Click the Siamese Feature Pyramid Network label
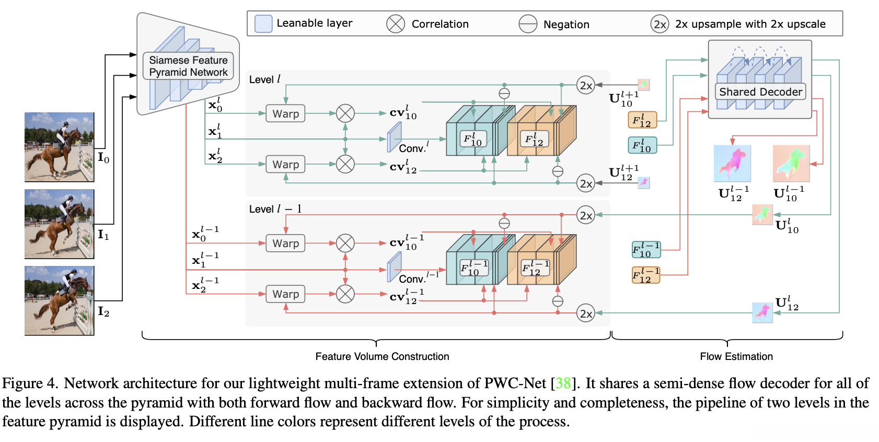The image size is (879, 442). (x=188, y=66)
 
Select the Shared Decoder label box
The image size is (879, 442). (x=760, y=92)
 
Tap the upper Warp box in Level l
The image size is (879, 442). (x=285, y=113)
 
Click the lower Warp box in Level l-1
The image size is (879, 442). (x=285, y=294)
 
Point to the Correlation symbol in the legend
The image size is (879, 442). (x=396, y=24)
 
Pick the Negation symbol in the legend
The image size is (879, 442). (x=528, y=24)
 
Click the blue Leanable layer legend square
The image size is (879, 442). (x=263, y=24)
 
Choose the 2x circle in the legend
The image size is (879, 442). (x=660, y=24)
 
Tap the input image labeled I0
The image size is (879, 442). (x=59, y=147)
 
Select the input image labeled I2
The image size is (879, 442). (x=59, y=300)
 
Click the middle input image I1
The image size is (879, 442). (x=59, y=224)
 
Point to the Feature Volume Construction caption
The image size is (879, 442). (x=382, y=356)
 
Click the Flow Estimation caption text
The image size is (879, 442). (x=736, y=356)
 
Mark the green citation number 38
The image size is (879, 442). (x=563, y=383)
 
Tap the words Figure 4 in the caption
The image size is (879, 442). (x=29, y=383)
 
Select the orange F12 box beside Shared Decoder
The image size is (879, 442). (x=642, y=120)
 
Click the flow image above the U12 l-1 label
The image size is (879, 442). (x=732, y=164)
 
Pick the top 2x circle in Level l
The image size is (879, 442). (x=586, y=85)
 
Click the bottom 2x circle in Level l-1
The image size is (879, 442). (x=586, y=313)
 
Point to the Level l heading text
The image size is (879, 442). (x=264, y=79)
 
